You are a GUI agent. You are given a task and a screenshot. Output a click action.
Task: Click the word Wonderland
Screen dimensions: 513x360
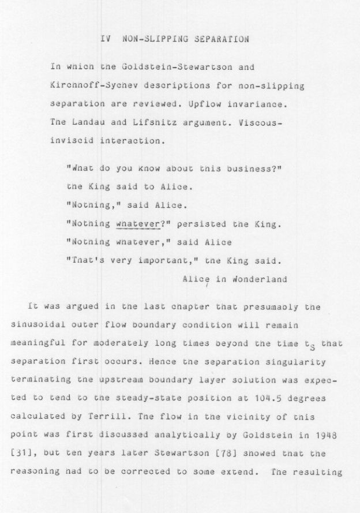tap(260, 279)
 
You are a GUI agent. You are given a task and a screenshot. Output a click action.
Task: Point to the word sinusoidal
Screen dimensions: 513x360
tap(36, 325)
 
